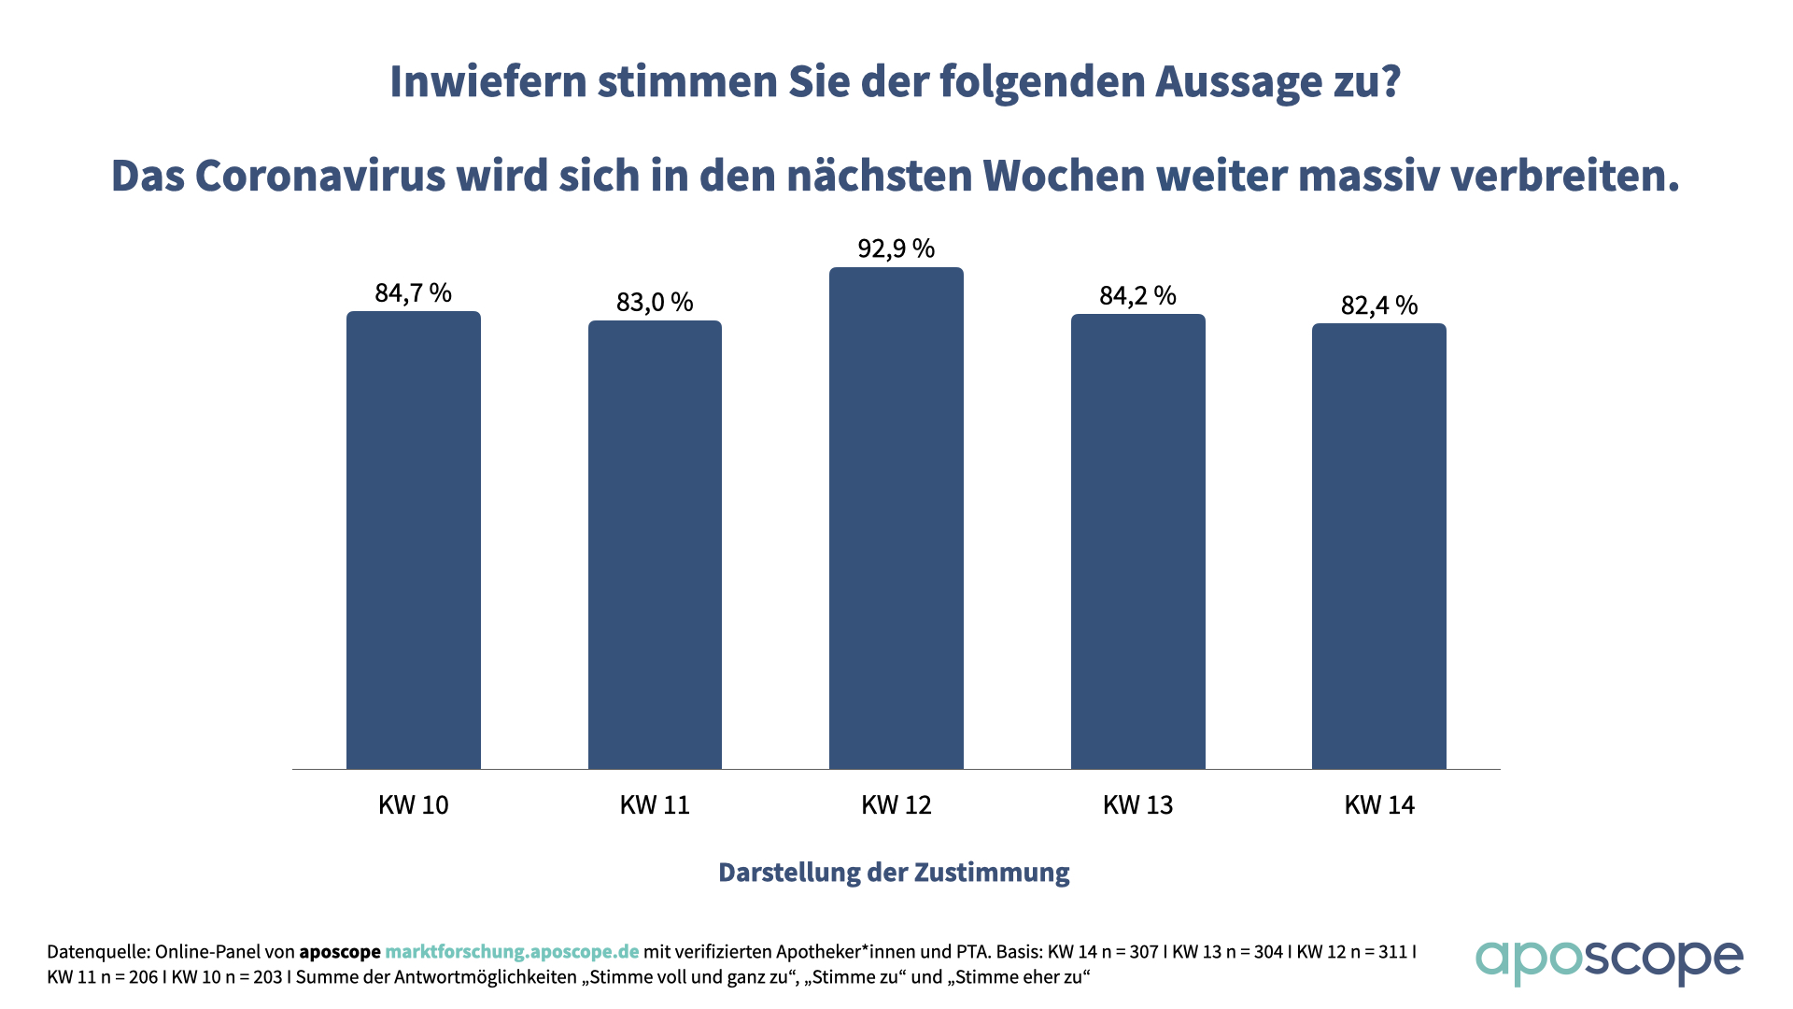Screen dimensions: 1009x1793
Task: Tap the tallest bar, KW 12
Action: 896,519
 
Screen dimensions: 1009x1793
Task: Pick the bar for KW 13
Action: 1137,542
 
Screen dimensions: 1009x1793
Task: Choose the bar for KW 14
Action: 1379,547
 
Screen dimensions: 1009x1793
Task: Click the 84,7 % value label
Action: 413,293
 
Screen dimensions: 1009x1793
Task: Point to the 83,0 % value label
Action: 655,303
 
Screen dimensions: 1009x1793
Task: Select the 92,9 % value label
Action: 896,249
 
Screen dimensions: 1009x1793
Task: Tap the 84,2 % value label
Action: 1137,296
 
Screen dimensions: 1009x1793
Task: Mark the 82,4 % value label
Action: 1379,306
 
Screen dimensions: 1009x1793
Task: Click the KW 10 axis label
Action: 413,805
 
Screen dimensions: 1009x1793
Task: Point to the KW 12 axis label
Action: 896,805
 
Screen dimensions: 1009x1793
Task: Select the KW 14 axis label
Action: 1379,805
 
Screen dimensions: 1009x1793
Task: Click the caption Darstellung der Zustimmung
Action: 894,873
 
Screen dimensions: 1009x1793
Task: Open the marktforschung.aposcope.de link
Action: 512,952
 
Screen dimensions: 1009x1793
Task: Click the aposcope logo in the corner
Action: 1608,960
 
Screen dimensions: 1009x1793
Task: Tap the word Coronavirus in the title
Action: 320,176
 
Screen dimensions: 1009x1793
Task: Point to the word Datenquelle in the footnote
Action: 97,952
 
